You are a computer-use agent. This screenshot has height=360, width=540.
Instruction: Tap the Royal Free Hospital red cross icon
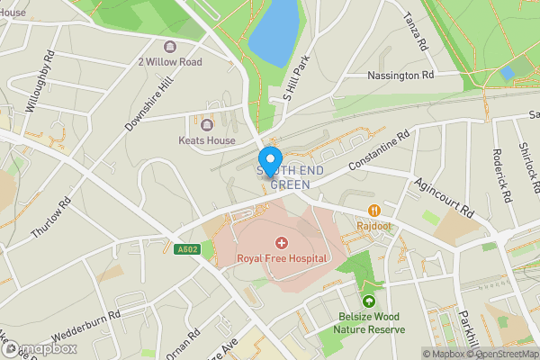[281, 242]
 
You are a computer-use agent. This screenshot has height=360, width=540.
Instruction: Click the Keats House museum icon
[207, 125]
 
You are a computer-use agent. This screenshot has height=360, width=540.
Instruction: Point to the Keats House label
[207, 140]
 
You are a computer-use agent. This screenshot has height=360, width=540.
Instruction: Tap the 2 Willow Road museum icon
[169, 47]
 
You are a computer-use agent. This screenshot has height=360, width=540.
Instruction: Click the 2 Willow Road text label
[169, 62]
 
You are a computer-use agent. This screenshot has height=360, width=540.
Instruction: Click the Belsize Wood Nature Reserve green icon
[368, 301]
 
